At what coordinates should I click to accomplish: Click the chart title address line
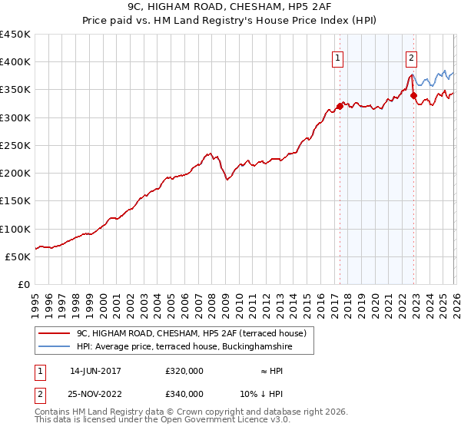[230, 7]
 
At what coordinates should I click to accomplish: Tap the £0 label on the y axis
[25, 285]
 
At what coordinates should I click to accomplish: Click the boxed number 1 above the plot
[338, 57]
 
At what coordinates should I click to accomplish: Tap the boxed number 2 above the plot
[412, 57]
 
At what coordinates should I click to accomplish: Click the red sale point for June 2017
[340, 106]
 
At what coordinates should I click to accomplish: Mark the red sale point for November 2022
[413, 95]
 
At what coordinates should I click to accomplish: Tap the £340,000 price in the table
[184, 393]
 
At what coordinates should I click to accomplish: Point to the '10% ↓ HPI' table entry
[261, 393]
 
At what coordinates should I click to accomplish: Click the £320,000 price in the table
[184, 371]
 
